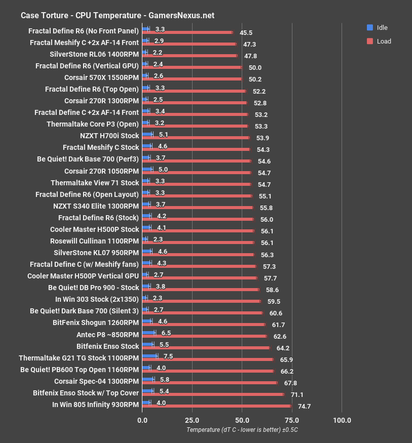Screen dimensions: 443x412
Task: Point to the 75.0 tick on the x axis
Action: pyautogui.click(x=291, y=420)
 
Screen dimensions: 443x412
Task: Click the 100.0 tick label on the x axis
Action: pyautogui.click(x=342, y=420)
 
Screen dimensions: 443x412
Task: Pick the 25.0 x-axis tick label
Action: pyautogui.click(x=192, y=420)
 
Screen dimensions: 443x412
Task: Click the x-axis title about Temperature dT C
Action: pyautogui.click(x=242, y=430)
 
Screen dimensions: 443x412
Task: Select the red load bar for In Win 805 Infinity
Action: pyautogui.click(x=217, y=406)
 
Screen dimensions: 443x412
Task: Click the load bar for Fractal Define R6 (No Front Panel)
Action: pyautogui.click(x=188, y=32)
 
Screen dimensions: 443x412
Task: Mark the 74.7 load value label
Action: pyautogui.click(x=304, y=406)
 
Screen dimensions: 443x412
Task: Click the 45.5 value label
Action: pyautogui.click(x=246, y=32)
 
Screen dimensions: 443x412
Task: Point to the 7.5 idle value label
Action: pyautogui.click(x=169, y=356)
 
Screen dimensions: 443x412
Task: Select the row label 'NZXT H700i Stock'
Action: pyautogui.click(x=109, y=136)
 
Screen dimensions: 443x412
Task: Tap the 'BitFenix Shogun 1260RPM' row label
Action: pyautogui.click(x=95, y=322)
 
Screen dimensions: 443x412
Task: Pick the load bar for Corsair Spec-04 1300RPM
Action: pyautogui.click(x=210, y=383)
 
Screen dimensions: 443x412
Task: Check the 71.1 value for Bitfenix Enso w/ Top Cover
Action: pyautogui.click(x=297, y=394)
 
